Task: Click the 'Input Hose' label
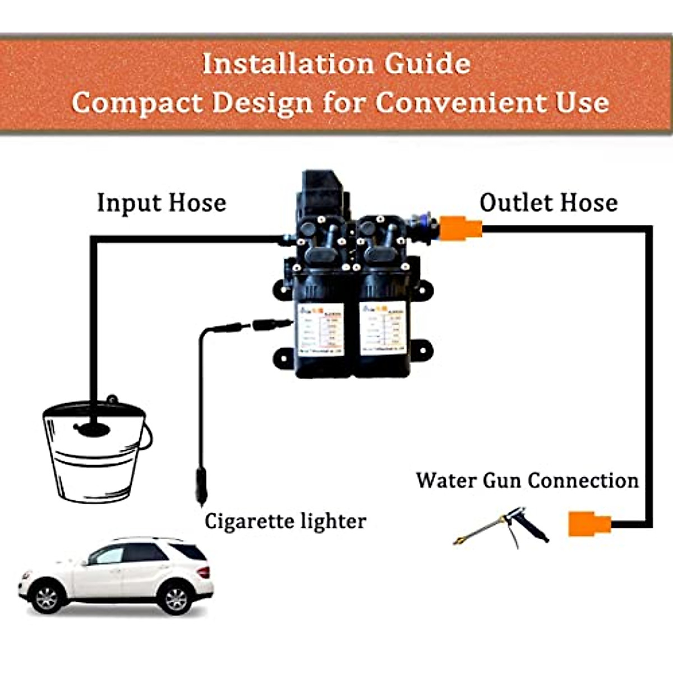tap(162, 203)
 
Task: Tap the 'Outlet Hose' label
tap(548, 202)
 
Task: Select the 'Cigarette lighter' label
tap(285, 521)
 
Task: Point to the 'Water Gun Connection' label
tap(527, 481)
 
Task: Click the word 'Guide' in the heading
tap(427, 63)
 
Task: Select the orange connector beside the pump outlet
tap(460, 228)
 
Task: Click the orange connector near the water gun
tap(589, 524)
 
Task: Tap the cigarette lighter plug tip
tap(201, 494)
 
